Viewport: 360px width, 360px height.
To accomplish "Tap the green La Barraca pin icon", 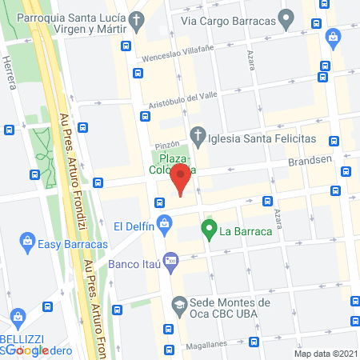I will tap(210, 233).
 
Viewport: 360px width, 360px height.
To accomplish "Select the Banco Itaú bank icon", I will tap(170, 260).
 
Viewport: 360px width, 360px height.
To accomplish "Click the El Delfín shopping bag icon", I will tap(165, 224).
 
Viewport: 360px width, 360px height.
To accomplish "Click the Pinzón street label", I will tap(166, 145).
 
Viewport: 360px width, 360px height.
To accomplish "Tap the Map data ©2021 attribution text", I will tap(326, 353).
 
